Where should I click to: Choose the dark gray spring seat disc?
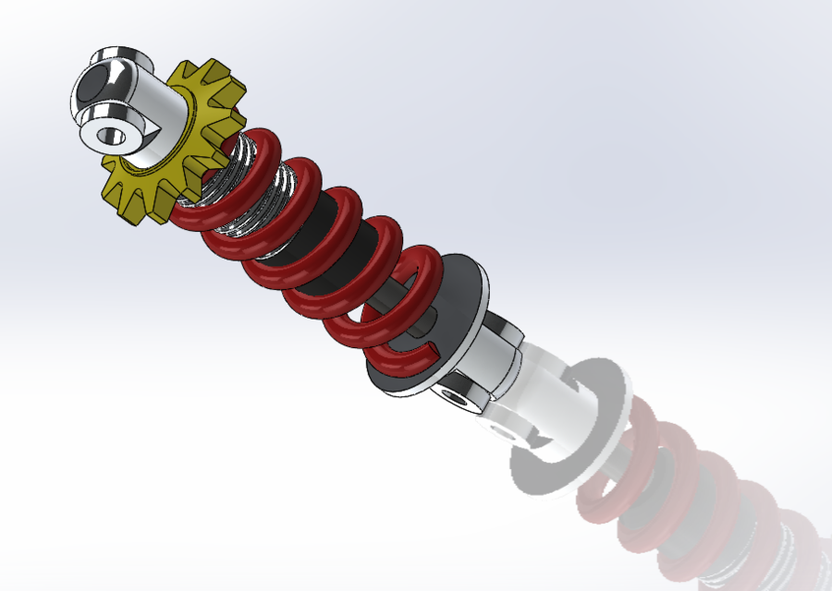coord(462,286)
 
